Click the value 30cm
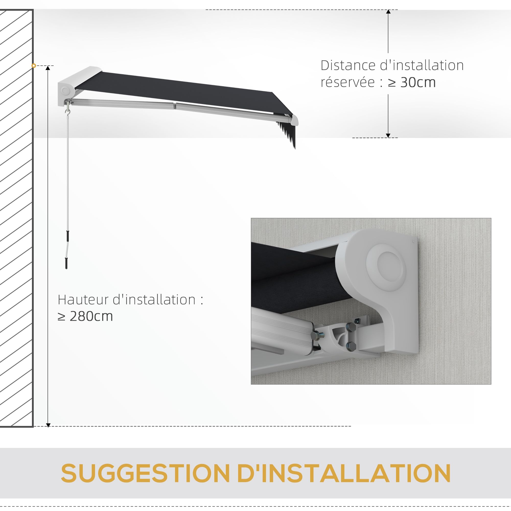click(x=418, y=82)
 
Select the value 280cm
click(x=91, y=316)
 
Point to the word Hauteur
click(x=83, y=300)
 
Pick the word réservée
click(x=348, y=82)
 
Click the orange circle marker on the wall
click(x=33, y=66)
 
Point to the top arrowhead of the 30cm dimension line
click(x=388, y=12)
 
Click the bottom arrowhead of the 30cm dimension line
click(x=388, y=135)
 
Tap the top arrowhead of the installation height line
click(x=48, y=68)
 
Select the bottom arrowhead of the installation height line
click(x=48, y=425)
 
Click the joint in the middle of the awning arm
click(x=175, y=106)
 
